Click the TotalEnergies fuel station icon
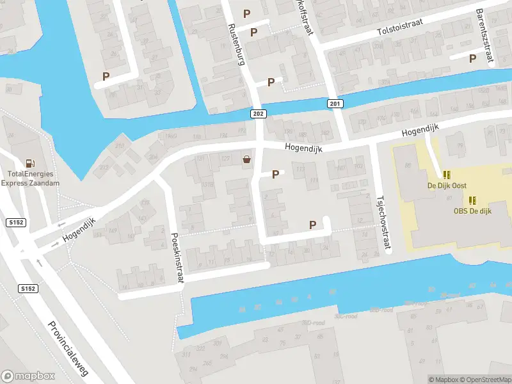click(x=29, y=164)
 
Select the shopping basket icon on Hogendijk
click(x=246, y=159)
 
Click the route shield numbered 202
click(x=257, y=113)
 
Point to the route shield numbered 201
click(x=335, y=104)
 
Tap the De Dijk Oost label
click(x=447, y=186)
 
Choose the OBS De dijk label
click(x=472, y=211)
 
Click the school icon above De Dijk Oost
click(x=447, y=174)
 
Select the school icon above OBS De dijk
click(x=472, y=200)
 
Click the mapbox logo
click(x=28, y=376)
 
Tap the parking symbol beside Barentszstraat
click(x=472, y=58)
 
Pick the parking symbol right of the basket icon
click(x=276, y=174)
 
